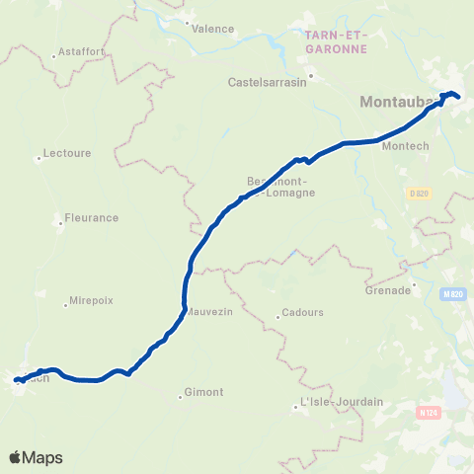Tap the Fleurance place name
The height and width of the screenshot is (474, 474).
(x=91, y=217)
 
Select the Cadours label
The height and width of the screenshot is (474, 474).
(x=302, y=313)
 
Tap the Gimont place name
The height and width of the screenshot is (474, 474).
(x=204, y=392)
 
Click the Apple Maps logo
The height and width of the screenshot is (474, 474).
(x=36, y=457)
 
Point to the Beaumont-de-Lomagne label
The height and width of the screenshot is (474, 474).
(x=280, y=187)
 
